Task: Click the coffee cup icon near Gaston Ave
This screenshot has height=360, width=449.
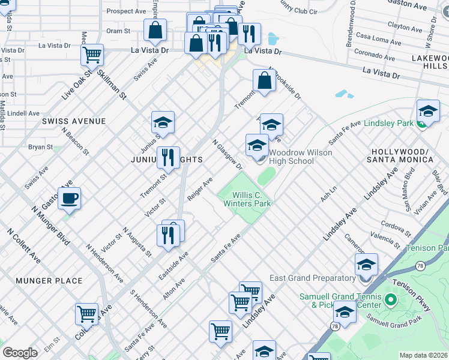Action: click(70, 197)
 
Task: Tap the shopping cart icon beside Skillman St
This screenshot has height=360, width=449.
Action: click(92, 55)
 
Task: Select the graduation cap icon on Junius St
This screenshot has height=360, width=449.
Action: click(163, 122)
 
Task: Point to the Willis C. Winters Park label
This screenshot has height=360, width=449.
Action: click(247, 199)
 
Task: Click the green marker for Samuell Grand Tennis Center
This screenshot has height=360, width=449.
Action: click(391, 299)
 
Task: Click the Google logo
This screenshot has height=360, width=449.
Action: click(20, 352)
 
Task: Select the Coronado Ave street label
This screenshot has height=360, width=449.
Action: click(375, 55)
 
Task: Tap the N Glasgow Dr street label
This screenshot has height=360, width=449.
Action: click(228, 154)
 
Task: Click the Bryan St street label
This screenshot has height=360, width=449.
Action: click(41, 146)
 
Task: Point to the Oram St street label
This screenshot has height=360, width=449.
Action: click(118, 31)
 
